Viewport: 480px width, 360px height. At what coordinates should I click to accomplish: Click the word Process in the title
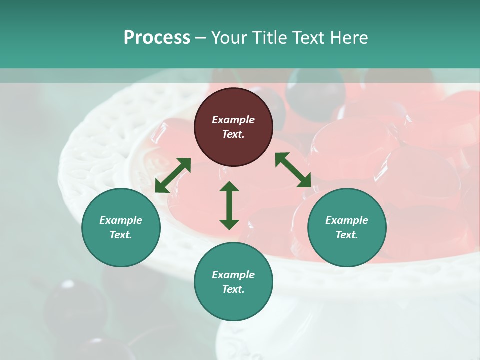point(157,38)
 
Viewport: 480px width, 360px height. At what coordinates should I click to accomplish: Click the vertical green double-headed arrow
point(229,205)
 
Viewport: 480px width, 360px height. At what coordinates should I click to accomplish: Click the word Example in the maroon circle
point(233,120)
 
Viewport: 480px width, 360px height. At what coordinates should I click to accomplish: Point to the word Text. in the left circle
point(121,235)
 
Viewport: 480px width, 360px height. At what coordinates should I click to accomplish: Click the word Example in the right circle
point(347,220)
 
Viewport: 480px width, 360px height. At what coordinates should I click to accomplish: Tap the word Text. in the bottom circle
point(233,289)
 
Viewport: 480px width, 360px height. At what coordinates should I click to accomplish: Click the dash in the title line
point(201,38)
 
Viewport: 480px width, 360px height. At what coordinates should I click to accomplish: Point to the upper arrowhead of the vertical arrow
point(229,186)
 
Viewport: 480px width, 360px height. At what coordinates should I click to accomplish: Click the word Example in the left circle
point(121,220)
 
